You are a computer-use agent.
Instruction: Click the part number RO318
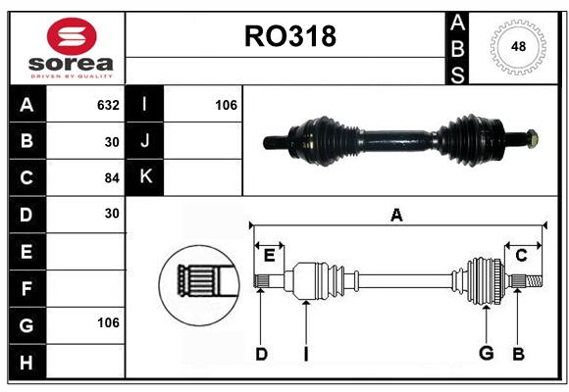(x=290, y=36)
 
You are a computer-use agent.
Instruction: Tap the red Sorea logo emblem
(x=72, y=36)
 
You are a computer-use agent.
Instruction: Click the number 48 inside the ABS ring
(x=518, y=46)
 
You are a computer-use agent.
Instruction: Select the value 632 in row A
(x=108, y=105)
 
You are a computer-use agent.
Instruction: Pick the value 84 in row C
(x=112, y=178)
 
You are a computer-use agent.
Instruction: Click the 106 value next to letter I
(x=226, y=105)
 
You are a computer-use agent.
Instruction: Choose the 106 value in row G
(x=108, y=322)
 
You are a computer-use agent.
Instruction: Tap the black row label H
(x=26, y=363)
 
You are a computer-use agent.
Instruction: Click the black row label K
(x=145, y=176)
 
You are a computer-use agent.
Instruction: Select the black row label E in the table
(x=26, y=251)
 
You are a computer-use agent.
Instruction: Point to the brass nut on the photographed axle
(x=532, y=139)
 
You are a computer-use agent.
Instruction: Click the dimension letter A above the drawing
(x=396, y=215)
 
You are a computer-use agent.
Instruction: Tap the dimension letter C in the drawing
(x=521, y=256)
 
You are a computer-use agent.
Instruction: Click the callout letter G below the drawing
(x=487, y=353)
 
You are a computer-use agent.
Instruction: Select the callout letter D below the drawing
(x=261, y=354)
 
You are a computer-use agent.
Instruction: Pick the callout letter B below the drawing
(x=518, y=354)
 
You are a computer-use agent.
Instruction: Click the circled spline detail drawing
(x=199, y=285)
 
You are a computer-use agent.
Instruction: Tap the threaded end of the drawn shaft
(x=534, y=281)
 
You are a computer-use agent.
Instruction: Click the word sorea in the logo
(x=71, y=64)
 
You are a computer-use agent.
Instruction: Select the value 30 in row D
(x=112, y=214)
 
